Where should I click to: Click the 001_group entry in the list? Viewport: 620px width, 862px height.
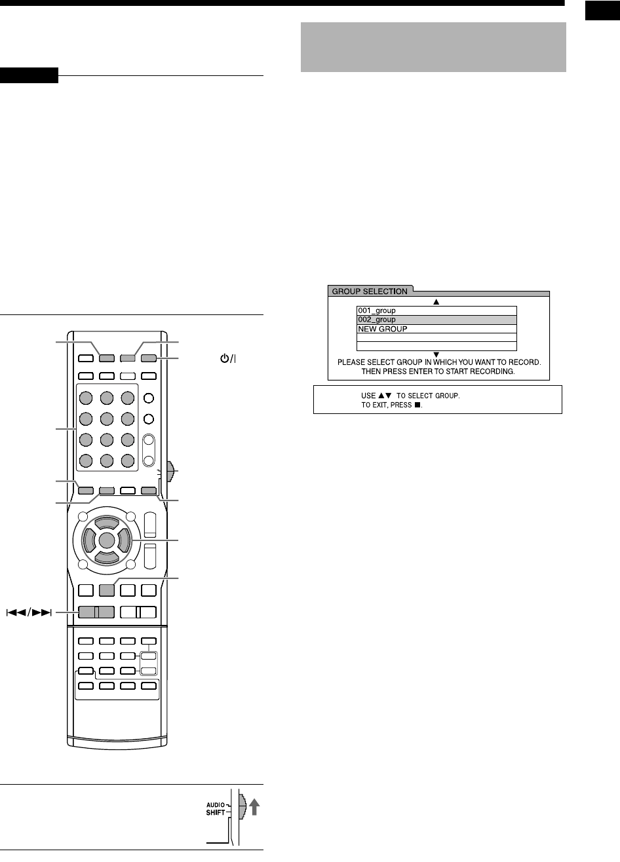click(x=377, y=310)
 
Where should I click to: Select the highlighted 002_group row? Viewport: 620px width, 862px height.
click(x=377, y=320)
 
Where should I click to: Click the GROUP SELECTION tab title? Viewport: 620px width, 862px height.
click(x=369, y=291)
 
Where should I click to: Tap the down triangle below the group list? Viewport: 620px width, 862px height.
click(x=436, y=354)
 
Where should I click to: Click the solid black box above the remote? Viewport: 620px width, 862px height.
click(x=29, y=75)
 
